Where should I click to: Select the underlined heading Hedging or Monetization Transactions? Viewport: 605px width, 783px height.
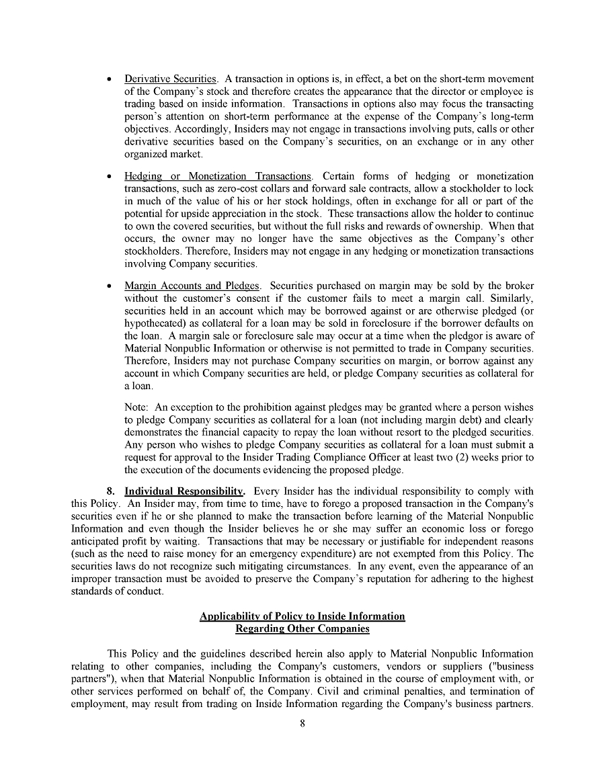[218, 176]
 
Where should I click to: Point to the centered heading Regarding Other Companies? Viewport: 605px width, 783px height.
[302, 629]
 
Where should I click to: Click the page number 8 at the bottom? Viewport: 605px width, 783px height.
[302, 724]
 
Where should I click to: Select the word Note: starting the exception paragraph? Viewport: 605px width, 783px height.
[136, 407]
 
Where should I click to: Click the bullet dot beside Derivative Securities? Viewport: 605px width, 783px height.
[109, 80]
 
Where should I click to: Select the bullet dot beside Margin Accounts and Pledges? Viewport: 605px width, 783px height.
[109, 286]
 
